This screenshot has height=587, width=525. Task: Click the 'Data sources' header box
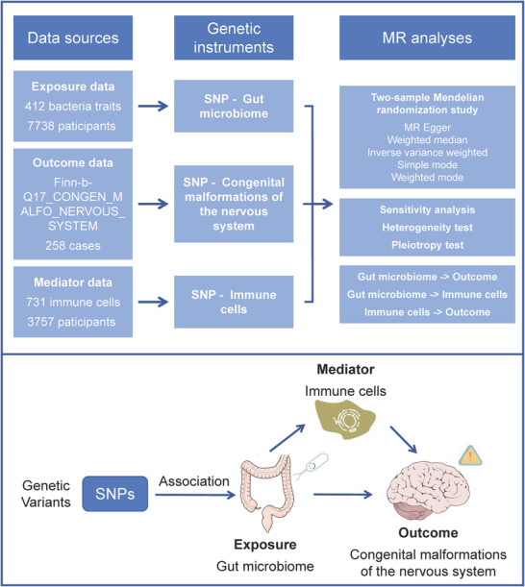coord(73,37)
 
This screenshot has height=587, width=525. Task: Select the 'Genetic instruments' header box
coord(234,37)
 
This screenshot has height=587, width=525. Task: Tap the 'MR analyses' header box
coord(427,37)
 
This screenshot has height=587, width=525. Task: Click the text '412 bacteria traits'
coord(73,107)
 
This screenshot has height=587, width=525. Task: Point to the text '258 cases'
coord(73,246)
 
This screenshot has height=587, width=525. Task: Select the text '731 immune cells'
coord(73,302)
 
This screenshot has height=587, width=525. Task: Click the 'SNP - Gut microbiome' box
coord(234,106)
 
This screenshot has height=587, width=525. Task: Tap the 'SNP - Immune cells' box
coord(234,302)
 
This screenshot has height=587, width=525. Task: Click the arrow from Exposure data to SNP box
coord(153,106)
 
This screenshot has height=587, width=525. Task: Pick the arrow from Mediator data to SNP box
coord(153,302)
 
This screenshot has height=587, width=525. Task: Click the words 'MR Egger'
coord(427,127)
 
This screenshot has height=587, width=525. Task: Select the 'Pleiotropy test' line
coord(427,245)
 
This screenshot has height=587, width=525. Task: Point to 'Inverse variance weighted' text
coord(427,153)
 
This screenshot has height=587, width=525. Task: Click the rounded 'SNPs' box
coord(115,494)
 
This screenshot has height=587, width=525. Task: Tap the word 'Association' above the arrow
coord(193,481)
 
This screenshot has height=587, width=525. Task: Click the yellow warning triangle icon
coord(470,456)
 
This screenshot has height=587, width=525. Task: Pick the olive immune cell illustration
coord(345,419)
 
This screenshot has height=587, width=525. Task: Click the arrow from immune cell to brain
coord(403,439)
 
